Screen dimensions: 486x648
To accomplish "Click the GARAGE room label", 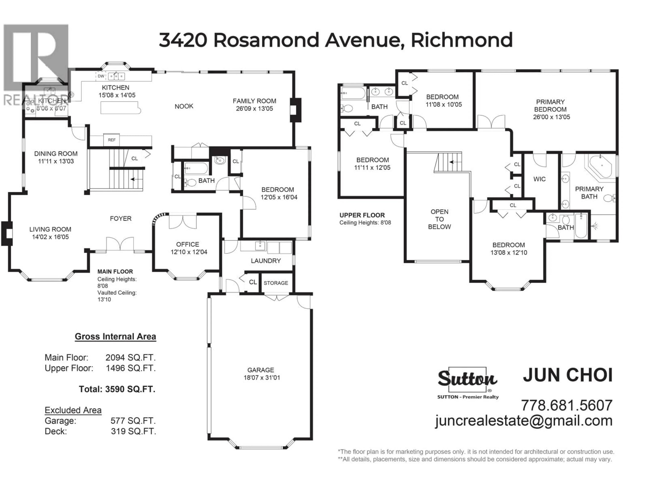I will (260, 370).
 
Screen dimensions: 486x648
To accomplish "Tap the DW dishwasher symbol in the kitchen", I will (101, 76).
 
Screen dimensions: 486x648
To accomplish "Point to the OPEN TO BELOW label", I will (439, 219).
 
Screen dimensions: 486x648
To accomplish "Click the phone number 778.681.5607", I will (566, 406).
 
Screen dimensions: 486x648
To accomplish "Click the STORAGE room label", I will (276, 283).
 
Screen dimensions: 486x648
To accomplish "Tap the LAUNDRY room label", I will (266, 261).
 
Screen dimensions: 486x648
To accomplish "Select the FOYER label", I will (121, 219).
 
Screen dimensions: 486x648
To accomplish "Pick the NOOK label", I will (184, 106).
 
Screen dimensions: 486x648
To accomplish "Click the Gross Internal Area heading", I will (115, 337).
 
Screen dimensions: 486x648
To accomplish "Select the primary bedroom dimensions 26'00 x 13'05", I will (551, 117).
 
